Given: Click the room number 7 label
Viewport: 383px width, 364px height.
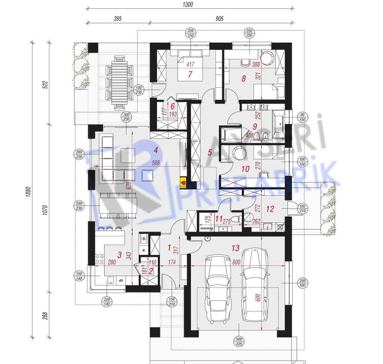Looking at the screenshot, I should click(x=189, y=74).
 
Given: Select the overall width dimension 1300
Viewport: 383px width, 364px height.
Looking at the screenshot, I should click(x=188, y=5).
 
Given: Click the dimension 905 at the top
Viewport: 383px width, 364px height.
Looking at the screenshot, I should click(x=219, y=19).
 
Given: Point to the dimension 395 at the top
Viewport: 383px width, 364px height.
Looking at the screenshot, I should click(x=117, y=19).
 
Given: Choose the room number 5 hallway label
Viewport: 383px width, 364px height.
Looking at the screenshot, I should click(x=209, y=151).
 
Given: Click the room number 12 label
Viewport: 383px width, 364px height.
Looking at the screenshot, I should click(x=270, y=208).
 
